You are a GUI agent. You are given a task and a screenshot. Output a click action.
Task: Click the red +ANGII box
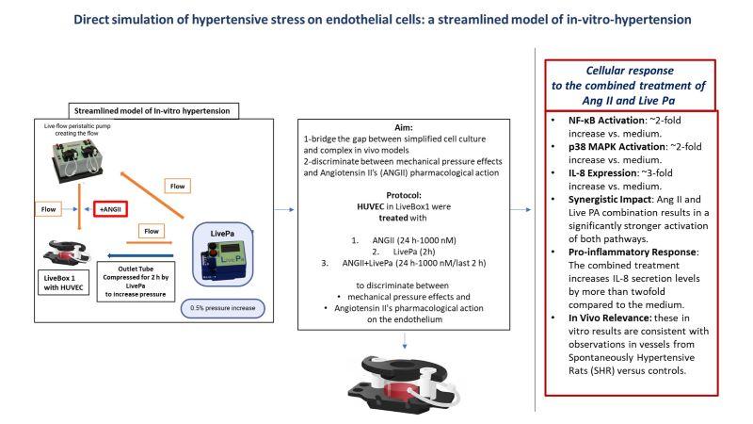coord(110,209)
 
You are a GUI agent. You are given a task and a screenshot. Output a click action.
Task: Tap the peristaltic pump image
coord(77,160)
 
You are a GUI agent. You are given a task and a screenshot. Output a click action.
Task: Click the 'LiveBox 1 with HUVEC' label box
coord(63,283)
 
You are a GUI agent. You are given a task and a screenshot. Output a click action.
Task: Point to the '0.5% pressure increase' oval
coord(222,308)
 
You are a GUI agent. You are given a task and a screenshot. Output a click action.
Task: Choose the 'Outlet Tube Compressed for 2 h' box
coord(136,281)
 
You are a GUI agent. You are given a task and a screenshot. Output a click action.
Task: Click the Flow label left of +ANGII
coord(48,209)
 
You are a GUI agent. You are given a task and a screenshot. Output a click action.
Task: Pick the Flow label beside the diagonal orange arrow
coord(177,186)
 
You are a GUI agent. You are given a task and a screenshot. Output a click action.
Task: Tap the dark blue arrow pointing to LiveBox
coord(140,255)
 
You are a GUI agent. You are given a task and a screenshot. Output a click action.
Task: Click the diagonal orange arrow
coord(152,195)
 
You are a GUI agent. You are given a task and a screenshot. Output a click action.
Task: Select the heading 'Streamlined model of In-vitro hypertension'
coord(152,111)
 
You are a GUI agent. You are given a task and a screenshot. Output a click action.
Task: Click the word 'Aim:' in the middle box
coord(404,127)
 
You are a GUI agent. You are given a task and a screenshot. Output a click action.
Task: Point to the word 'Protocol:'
coord(404,195)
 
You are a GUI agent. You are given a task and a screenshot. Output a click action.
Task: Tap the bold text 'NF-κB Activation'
coord(606,121)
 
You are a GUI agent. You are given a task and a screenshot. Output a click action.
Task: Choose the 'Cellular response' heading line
coord(630,71)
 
